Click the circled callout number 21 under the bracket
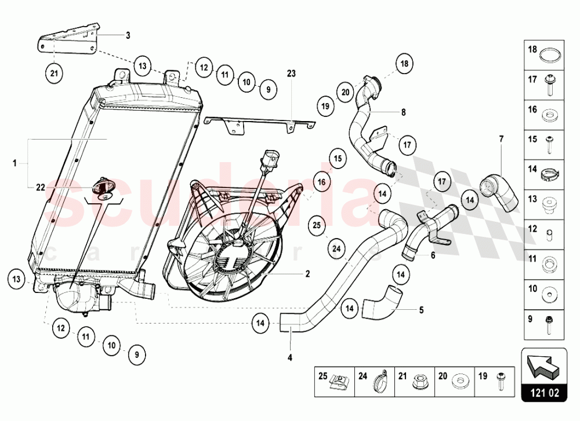[x=53, y=74]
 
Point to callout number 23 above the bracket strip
[x=291, y=74]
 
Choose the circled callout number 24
[x=336, y=249]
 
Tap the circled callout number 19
[x=326, y=105]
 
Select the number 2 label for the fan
[x=308, y=274]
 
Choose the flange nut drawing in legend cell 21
[x=419, y=382]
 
